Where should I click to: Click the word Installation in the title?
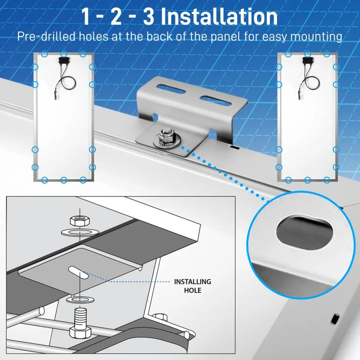tap(219, 17)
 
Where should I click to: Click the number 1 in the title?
tap(86, 17)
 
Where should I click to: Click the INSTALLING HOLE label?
tap(192, 286)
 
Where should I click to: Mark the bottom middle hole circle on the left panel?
tap(64, 180)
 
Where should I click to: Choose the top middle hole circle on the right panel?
tap(307, 54)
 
